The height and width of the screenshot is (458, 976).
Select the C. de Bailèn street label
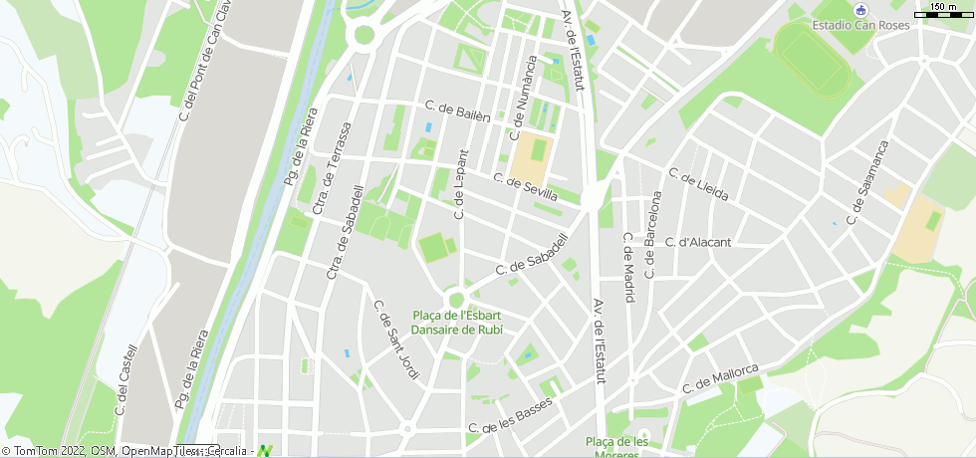tap(458, 111)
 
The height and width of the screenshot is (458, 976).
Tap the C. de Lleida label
tap(699, 184)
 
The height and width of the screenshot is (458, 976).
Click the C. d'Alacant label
tap(698, 242)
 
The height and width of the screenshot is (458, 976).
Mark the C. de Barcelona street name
tap(654, 234)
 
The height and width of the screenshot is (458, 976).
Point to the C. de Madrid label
tap(628, 267)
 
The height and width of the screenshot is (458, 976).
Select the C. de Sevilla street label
tap(525, 187)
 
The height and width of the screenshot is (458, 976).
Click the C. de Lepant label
tap(460, 184)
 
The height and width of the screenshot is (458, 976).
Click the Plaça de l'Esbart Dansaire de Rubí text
tap(457, 322)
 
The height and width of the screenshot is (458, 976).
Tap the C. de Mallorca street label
tap(721, 379)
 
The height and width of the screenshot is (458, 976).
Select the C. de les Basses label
tap(510, 417)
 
